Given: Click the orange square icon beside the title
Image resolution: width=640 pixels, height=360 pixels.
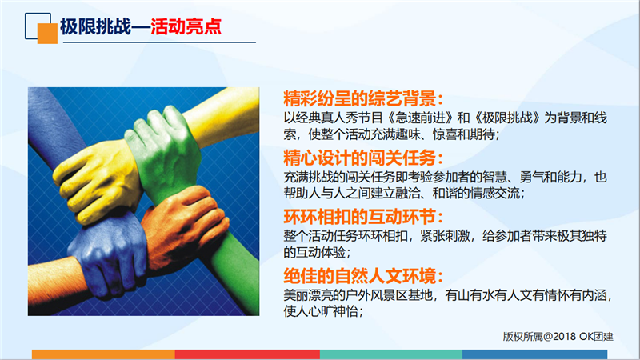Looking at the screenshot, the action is click(x=47, y=34).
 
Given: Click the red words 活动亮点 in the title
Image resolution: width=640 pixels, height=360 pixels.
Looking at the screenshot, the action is click(x=186, y=27).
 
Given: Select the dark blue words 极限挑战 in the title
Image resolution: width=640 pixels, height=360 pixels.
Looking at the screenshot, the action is click(x=95, y=27).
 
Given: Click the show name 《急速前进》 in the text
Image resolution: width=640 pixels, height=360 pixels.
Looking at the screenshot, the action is click(x=418, y=118).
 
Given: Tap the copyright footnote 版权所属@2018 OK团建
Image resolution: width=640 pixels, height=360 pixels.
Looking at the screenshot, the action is click(x=558, y=336).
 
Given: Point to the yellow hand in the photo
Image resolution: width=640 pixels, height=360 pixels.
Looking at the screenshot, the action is click(x=97, y=178).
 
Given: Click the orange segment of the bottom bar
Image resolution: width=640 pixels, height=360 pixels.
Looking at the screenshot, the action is click(x=104, y=354).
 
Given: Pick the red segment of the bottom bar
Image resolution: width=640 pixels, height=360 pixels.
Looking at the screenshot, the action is click(x=247, y=354).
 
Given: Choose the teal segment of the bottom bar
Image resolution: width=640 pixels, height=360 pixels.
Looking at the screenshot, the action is click(x=391, y=354).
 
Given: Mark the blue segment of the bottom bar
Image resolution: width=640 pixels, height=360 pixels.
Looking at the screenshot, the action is click(x=534, y=354).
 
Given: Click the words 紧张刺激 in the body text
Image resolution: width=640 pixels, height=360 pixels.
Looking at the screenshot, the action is click(x=446, y=236).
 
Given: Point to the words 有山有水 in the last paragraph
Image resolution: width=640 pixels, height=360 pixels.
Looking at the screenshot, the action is click(x=470, y=295).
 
